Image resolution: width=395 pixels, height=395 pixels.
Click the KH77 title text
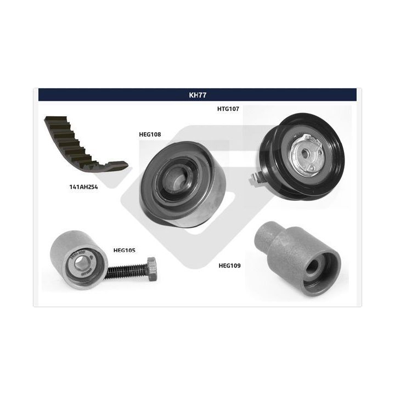tap(198, 95)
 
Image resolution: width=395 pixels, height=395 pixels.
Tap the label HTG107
tap(228, 109)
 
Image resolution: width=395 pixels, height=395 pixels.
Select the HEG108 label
tap(150, 134)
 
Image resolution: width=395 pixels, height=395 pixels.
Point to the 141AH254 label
tap(83, 187)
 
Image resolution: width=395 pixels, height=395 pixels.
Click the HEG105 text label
tap(125, 250)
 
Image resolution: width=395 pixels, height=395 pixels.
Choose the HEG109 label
tap(229, 266)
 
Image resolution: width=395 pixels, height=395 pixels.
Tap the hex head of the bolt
tap(152, 269)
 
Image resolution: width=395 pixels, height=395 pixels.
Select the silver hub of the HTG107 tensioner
tap(306, 155)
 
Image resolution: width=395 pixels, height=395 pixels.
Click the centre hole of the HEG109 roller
tap(314, 268)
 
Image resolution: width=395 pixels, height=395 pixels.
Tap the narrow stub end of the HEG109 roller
tap(264, 237)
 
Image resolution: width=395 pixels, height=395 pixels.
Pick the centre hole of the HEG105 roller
tap(81, 262)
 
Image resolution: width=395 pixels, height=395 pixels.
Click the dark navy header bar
tap(198, 95)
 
